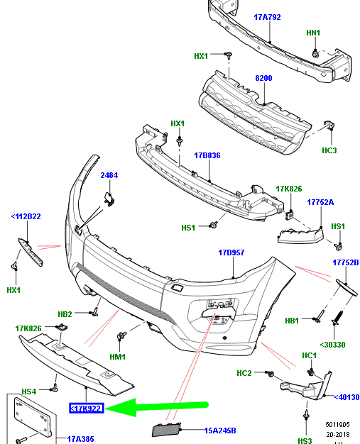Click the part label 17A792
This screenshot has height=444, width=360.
tap(267, 17)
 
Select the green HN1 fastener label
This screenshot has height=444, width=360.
tap(313, 33)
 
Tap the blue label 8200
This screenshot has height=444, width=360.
tap(263, 78)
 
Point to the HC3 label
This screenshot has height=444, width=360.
tap(329, 150)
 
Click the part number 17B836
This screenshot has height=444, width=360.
tap(207, 155)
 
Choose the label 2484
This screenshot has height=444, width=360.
tap(109, 175)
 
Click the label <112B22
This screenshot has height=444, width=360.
tap(26, 216)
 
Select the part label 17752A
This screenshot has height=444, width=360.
tap(320, 202)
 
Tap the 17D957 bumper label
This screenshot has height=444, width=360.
tap(231, 252)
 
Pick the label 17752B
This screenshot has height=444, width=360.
tap(346, 262)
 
